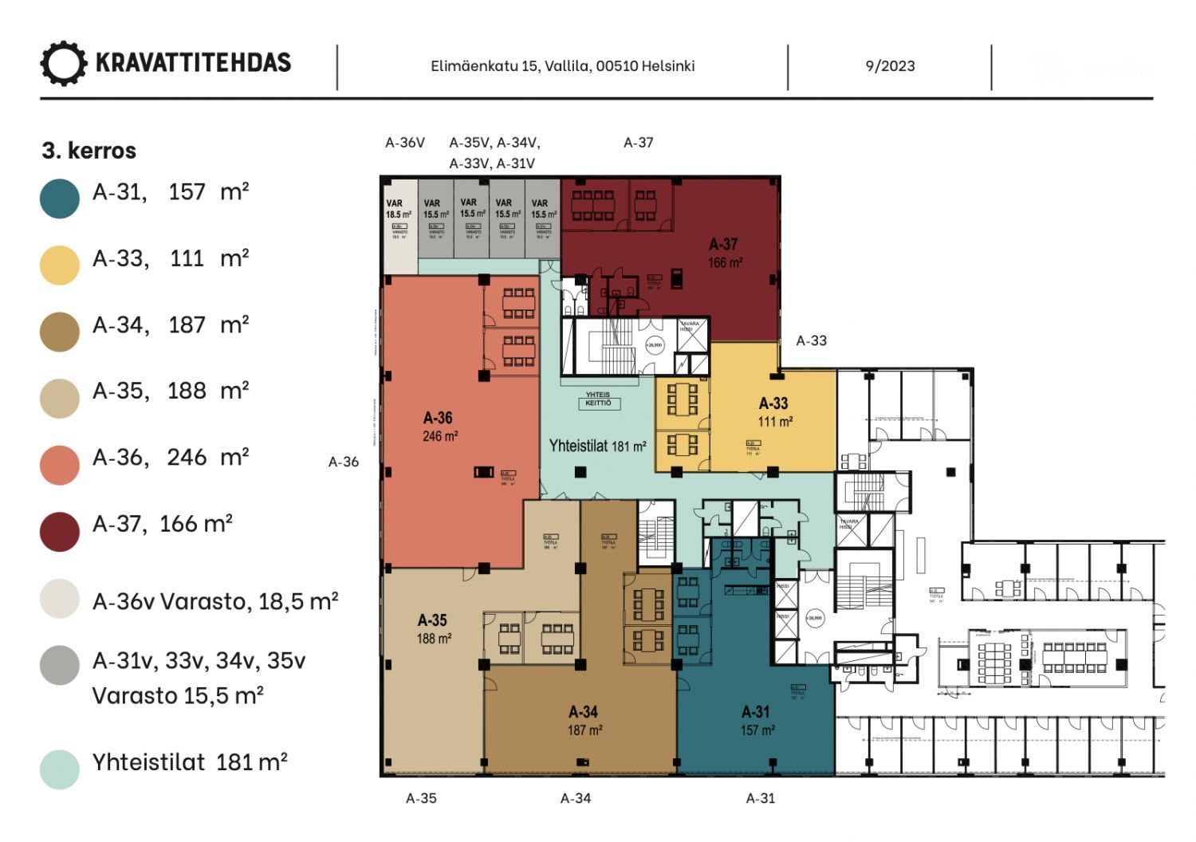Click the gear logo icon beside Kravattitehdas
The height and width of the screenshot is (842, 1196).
pos(63,64)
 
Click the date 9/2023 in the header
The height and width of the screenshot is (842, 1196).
pos(890,66)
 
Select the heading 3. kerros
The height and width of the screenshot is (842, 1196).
pos(89,151)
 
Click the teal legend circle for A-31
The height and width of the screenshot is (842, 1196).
pos(60,199)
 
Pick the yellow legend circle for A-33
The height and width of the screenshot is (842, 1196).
pos(60,266)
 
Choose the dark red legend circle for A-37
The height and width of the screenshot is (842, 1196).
pos(60,531)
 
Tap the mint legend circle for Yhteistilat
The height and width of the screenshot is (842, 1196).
pos(60,769)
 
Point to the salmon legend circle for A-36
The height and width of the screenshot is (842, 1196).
pos(60,465)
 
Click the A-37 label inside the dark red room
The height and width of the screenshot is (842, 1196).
pos(723,245)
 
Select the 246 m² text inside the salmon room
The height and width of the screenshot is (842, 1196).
pos(440,436)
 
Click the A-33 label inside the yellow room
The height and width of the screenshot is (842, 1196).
pos(773,403)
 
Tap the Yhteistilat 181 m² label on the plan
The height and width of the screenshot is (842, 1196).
pos(597,447)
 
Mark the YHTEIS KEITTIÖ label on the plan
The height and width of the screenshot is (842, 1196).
pos(598,399)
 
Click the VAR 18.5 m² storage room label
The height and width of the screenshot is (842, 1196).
pos(398,209)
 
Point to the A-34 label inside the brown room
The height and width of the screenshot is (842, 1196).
pos(584,712)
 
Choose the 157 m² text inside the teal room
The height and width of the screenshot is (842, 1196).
pos(757,730)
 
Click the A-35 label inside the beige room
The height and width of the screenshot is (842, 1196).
pos(433,620)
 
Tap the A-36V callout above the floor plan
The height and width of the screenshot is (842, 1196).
pos(405,143)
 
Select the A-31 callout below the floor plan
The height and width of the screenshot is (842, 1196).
pos(761,798)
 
